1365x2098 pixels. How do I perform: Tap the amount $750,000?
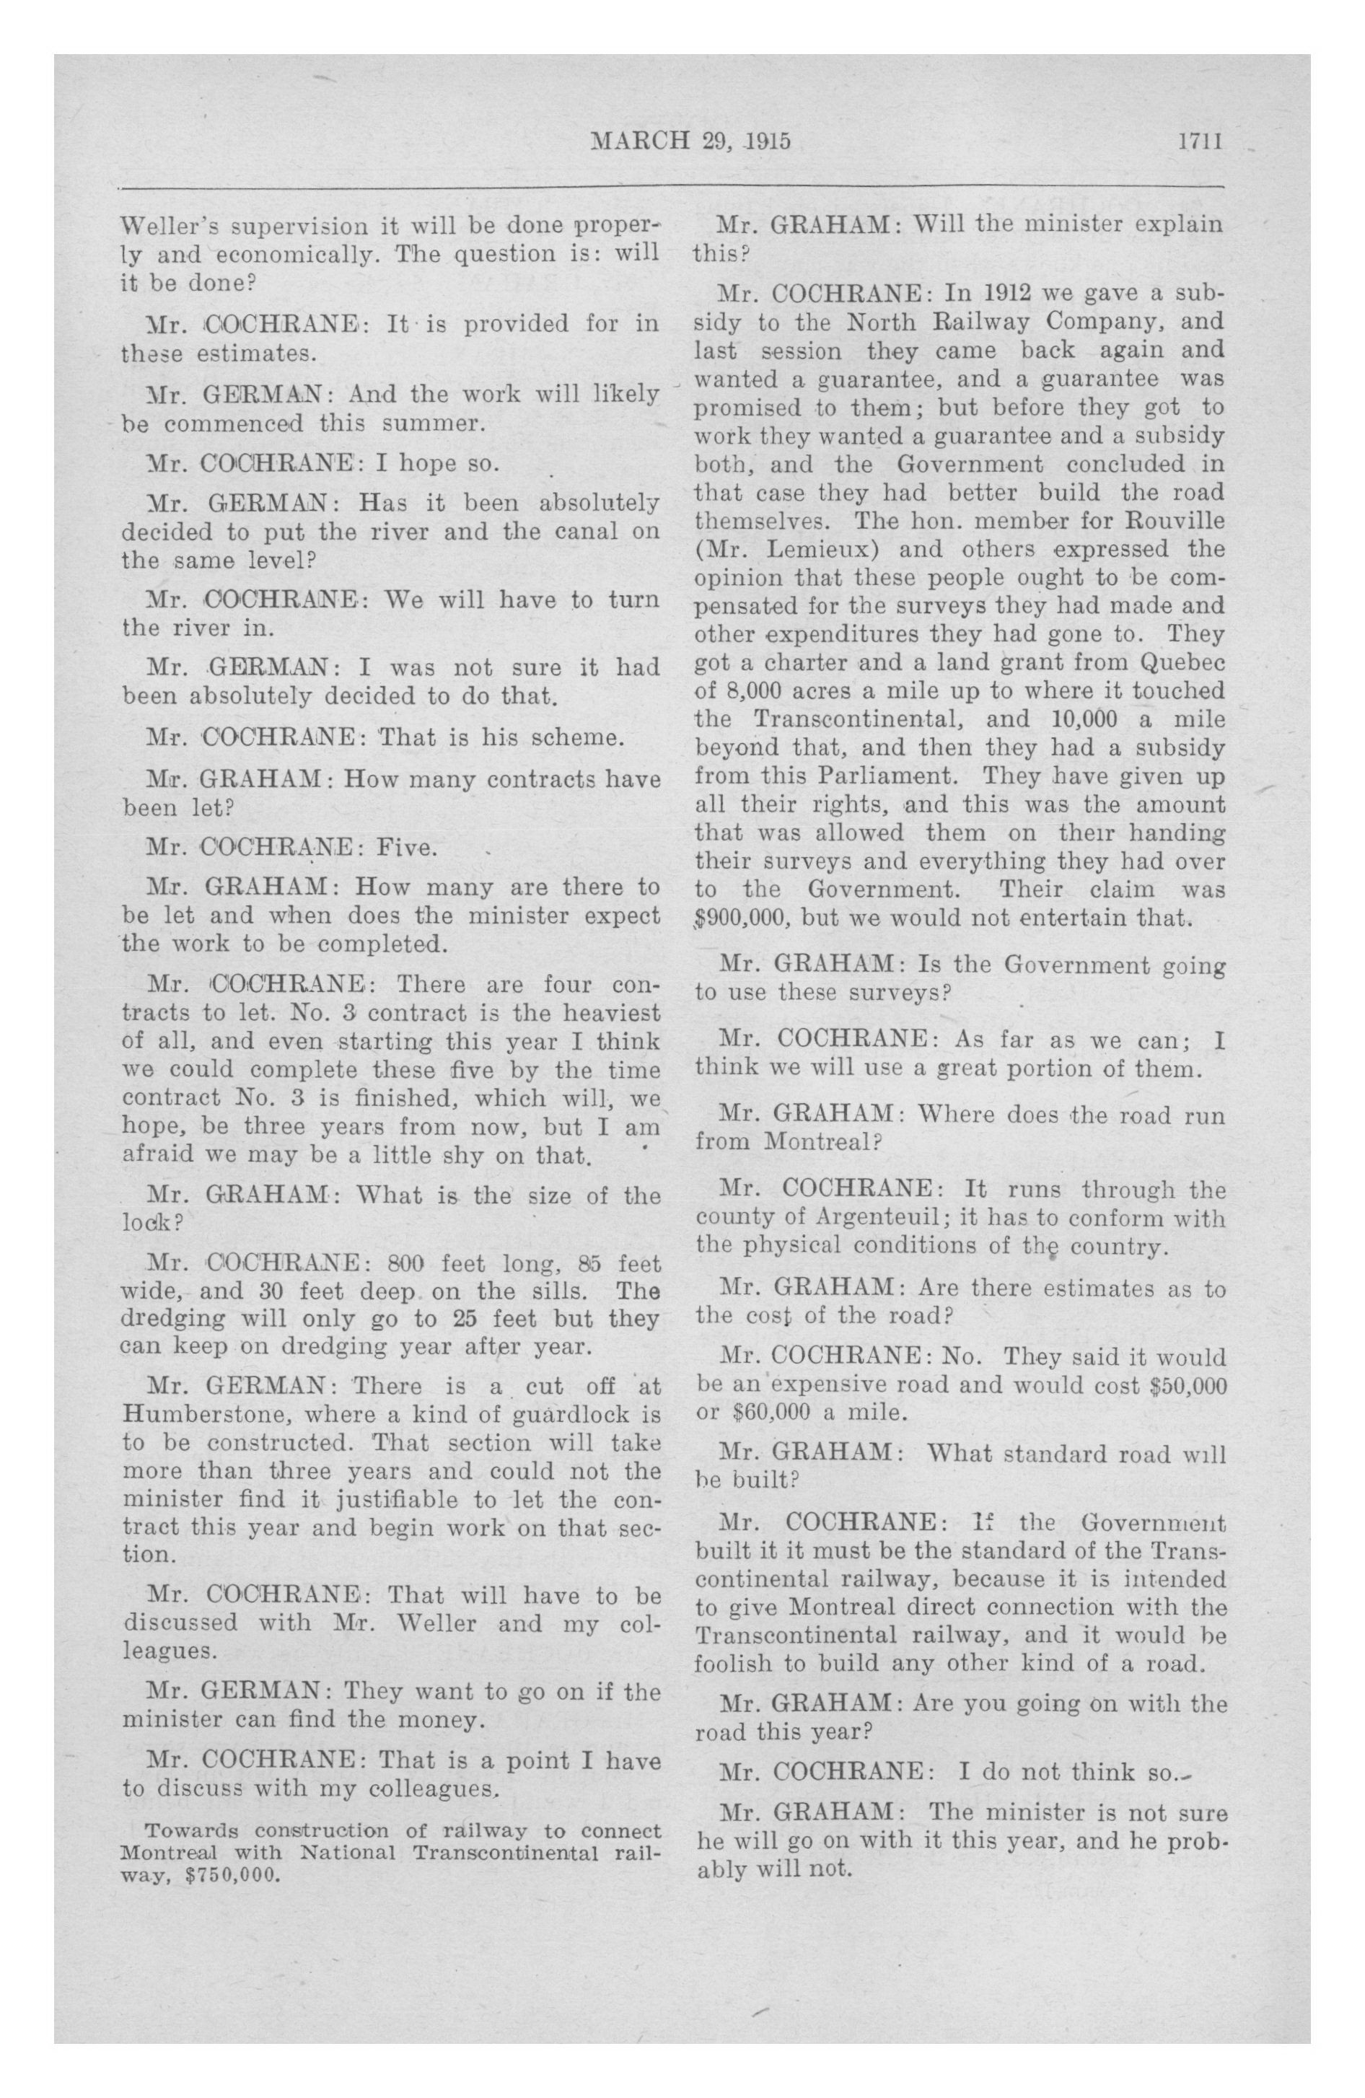[x=231, y=1874]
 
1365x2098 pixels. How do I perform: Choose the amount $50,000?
[x=1186, y=1386]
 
